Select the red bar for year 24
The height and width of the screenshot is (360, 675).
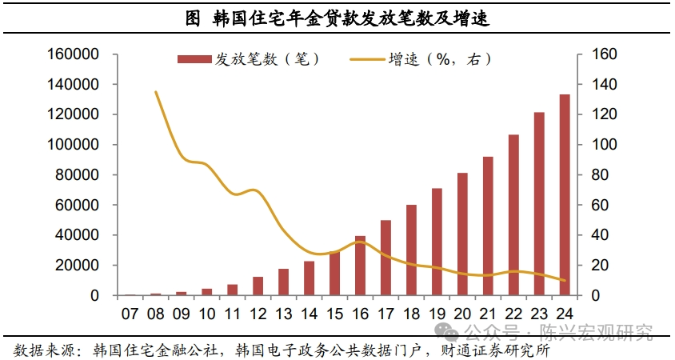(x=565, y=195)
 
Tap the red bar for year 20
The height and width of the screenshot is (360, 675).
(x=462, y=234)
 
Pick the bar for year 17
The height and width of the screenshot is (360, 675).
(x=385, y=258)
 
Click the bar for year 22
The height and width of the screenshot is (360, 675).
(x=513, y=215)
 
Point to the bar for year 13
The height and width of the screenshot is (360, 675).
(x=283, y=282)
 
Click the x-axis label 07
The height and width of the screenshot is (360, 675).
(x=130, y=311)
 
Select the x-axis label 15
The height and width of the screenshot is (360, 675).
(x=334, y=311)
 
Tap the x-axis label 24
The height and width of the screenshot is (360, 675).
(x=565, y=311)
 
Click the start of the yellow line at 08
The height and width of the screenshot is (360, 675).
(x=155, y=92)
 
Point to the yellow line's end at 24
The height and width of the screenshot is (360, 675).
(x=565, y=281)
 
